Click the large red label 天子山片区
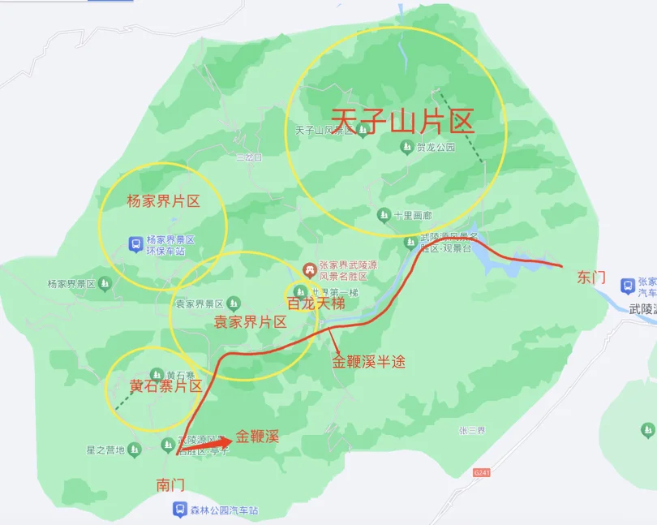coord(402,122)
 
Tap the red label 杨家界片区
coord(163,201)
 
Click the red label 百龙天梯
coord(316,303)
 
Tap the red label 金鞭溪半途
coord(368,362)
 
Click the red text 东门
coord(590,277)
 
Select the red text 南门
coord(170,484)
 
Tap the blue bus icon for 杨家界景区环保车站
coord(136,243)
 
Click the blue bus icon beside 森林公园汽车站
coord(179,510)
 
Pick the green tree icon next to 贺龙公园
coord(406,147)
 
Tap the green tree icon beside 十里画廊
coord(384,215)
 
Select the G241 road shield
coord(482,472)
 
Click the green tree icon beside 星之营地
coord(135,450)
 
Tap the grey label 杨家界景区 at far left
coord(71,284)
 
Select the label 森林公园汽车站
coord(223,510)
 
